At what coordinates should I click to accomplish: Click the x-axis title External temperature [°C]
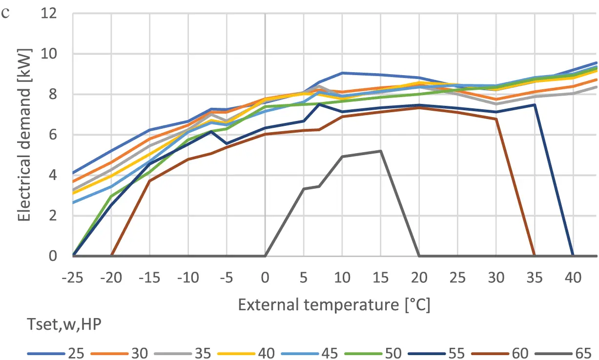point(334,305)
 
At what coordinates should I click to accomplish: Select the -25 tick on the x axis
point(73,277)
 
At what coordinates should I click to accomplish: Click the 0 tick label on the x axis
point(265,277)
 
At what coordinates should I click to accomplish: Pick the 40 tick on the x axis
point(573,277)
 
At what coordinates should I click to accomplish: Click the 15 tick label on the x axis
point(380,277)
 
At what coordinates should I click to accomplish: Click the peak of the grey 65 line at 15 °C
point(380,151)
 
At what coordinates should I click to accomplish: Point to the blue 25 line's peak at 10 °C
point(342,73)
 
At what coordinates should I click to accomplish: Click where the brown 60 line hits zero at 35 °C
point(534,256)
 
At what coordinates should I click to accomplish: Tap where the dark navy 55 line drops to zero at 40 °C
point(573,256)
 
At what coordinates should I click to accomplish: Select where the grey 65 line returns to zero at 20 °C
point(419,256)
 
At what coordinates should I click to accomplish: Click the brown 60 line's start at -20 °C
point(111,256)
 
